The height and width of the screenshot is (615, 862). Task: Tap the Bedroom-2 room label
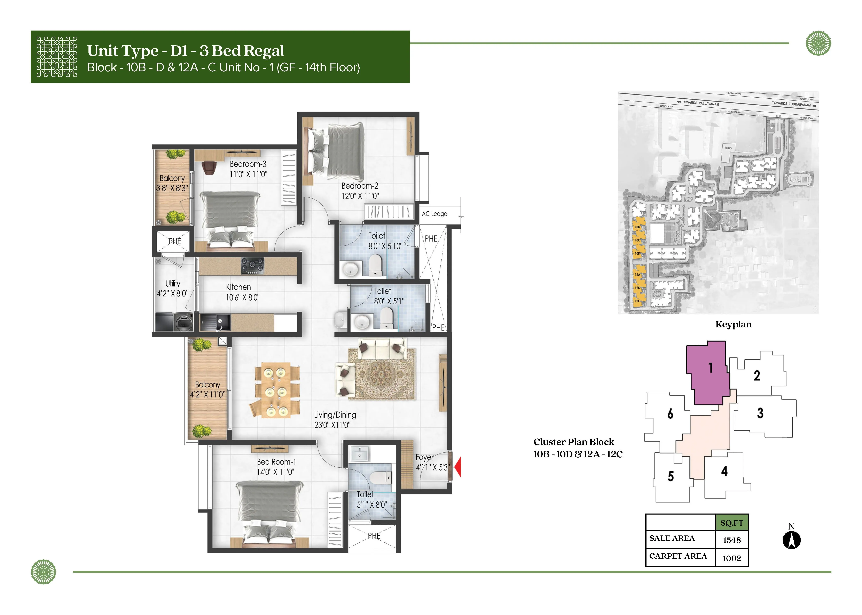coord(360,186)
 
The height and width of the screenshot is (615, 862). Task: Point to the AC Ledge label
coord(434,214)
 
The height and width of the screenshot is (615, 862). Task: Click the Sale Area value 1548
coord(732,540)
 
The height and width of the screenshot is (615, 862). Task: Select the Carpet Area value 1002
coord(732,558)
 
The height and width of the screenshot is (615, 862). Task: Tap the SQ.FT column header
coord(732,523)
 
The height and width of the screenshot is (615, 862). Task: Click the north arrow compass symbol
coord(791,540)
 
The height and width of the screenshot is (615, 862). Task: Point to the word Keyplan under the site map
coord(733,325)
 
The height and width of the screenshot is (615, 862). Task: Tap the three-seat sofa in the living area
coord(382,349)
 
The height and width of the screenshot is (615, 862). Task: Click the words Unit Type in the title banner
coord(123,51)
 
